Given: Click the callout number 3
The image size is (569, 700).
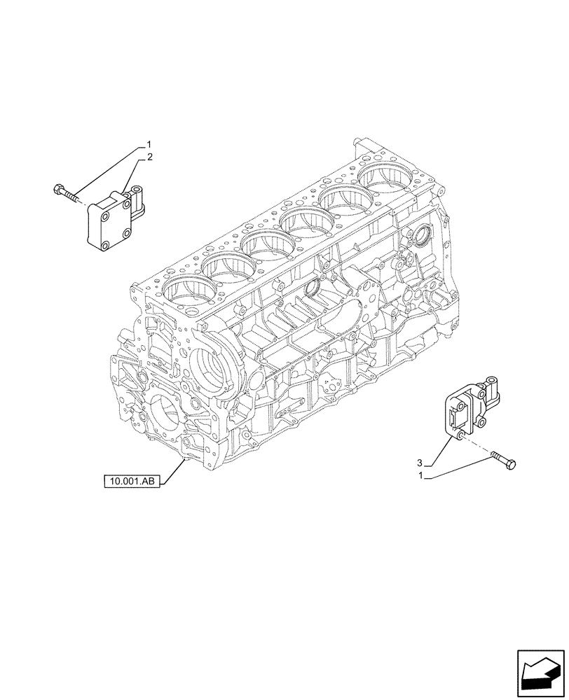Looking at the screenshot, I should click(x=420, y=463).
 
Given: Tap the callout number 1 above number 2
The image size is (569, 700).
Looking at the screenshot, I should click(x=149, y=146).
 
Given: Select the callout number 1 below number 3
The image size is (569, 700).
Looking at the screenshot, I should click(x=420, y=477).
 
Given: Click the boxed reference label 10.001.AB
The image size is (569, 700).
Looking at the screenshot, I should click(x=132, y=481).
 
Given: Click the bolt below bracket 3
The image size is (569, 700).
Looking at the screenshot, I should click(x=502, y=459).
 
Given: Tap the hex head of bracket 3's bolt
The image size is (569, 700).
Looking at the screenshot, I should click(x=509, y=463).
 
